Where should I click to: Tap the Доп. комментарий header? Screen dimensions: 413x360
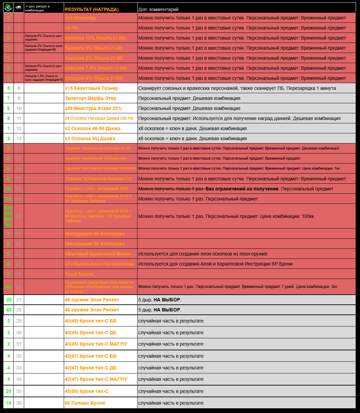click(158, 9)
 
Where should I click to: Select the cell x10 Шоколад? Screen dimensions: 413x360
click(80, 18)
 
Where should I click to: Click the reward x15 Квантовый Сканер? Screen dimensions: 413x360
click(92, 88)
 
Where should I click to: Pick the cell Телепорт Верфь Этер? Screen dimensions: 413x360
click(91, 98)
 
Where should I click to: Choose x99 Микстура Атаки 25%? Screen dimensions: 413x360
click(93, 108)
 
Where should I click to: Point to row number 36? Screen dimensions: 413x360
click(19, 403)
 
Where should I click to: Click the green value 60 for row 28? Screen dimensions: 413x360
click(9, 310)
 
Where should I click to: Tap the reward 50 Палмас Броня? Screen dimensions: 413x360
click(85, 403)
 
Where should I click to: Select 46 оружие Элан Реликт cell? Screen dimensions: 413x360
click(92, 310)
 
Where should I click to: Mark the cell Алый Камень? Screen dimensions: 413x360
click(80, 274)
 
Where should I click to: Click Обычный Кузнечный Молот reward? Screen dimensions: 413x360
click(98, 254)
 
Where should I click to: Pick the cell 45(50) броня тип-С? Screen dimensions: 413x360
click(87, 391)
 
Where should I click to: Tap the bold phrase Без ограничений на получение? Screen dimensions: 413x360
click(242, 189)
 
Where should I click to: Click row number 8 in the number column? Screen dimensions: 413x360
click(19, 88)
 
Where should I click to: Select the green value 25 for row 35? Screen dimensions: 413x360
click(9, 391)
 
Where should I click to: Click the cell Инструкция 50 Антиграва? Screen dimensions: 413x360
click(95, 244)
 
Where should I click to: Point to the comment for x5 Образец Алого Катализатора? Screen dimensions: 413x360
click(215, 264)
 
